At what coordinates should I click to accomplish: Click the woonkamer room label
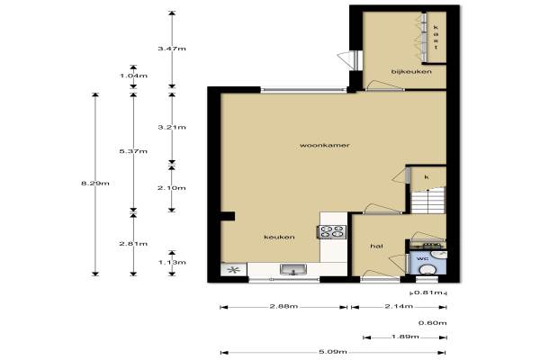325,146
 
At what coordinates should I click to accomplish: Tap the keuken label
279,237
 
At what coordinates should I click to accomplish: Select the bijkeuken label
411,72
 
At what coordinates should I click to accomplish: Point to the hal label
377,246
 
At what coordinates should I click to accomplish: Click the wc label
423,258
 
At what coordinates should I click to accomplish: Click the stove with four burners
332,231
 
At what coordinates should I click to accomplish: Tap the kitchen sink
293,269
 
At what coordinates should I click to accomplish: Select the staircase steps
428,201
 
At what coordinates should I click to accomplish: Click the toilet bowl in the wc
427,269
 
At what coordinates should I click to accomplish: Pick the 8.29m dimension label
95,184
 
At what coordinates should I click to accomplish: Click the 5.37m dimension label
133,151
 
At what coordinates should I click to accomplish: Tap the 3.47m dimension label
172,49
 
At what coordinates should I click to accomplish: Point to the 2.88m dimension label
283,306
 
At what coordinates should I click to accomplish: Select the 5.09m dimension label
333,352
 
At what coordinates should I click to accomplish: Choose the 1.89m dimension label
405,337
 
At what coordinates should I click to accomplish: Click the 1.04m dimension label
133,76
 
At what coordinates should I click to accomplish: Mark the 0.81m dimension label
427,292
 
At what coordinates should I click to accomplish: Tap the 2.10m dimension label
172,188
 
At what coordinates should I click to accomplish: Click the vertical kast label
436,37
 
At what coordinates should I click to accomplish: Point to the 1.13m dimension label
172,263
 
